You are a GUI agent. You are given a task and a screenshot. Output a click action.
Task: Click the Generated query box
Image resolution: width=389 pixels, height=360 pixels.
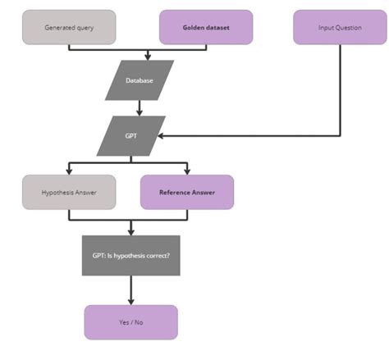click(68, 27)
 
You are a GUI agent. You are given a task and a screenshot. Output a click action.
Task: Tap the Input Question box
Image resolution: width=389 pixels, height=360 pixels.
click(338, 27)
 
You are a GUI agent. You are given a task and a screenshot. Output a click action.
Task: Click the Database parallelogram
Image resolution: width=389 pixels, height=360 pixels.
click(140, 80)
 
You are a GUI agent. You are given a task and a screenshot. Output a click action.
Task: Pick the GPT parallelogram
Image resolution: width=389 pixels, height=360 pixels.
click(131, 135)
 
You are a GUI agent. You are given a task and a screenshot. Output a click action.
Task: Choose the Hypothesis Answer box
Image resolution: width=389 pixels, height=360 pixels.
click(68, 192)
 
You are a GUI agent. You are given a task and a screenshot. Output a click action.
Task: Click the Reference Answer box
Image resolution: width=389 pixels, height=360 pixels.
click(188, 192)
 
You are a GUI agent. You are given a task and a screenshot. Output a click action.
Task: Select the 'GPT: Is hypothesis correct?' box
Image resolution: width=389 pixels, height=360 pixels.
click(131, 254)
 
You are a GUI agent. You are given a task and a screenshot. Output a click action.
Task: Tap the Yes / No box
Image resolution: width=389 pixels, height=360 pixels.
click(131, 321)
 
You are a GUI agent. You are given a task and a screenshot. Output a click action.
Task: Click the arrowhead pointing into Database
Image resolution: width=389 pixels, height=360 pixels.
click(147, 57)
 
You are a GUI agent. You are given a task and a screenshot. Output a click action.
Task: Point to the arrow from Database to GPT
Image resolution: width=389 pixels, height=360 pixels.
click(140, 107)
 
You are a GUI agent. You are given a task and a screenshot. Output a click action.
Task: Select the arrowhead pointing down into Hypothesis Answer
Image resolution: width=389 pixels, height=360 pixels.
click(68, 171)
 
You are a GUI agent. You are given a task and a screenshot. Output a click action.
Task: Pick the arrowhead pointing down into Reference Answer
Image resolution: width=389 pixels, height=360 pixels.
click(188, 171)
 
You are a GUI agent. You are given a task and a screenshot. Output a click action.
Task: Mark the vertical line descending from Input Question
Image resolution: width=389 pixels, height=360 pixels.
click(339, 90)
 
